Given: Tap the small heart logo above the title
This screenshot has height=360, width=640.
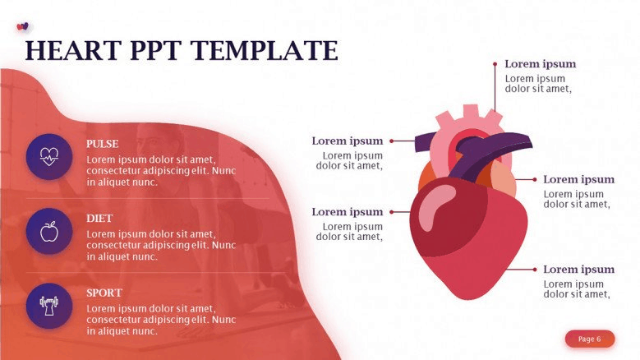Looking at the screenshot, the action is tap(22, 26).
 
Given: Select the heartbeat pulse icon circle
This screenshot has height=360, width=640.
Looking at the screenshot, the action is tap(49, 157).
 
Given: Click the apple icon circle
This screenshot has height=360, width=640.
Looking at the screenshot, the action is tap(49, 232).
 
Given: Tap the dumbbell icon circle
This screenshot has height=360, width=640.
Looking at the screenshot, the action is tap(49, 306).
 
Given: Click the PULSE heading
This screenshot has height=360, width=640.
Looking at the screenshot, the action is tap(103, 144).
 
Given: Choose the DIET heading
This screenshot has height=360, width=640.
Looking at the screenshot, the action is tap(99, 219).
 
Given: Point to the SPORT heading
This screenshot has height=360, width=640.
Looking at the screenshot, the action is tap(104, 293).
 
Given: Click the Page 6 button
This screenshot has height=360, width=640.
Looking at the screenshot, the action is tap(590, 339).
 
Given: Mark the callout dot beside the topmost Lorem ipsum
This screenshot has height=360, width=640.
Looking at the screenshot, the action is tap(495, 64).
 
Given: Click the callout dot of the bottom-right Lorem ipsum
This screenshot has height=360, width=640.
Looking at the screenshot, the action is tap(535, 270).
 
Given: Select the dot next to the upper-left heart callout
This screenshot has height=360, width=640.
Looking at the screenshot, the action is tap(391, 141).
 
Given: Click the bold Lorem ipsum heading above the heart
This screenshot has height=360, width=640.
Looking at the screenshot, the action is tap(541, 64).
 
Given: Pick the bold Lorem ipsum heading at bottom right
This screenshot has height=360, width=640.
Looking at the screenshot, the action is tap(578, 270).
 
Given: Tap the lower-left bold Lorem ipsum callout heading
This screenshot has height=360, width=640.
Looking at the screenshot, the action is tap(348, 212).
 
